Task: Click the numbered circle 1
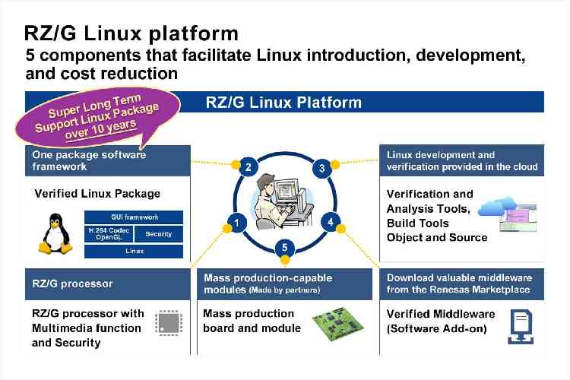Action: pos(237,223)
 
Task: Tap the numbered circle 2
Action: pos(249,167)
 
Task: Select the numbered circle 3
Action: pos(321,169)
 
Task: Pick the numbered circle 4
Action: pos(330,222)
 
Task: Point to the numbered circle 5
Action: pos(285,248)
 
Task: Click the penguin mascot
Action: pos(55,233)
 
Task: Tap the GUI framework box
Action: pos(134,217)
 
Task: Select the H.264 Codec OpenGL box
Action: pos(109,234)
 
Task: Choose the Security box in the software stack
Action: pos(159,234)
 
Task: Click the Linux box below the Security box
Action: pos(134,251)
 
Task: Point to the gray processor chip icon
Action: pos(169,322)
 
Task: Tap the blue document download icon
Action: pos(521,327)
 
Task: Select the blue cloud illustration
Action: pos(497,206)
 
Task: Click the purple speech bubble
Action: pos(98,117)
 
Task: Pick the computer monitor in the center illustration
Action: pos(287,190)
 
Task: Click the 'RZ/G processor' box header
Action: pos(108,284)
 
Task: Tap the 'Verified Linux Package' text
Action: pos(97,194)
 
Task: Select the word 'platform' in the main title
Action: pos(194,34)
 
